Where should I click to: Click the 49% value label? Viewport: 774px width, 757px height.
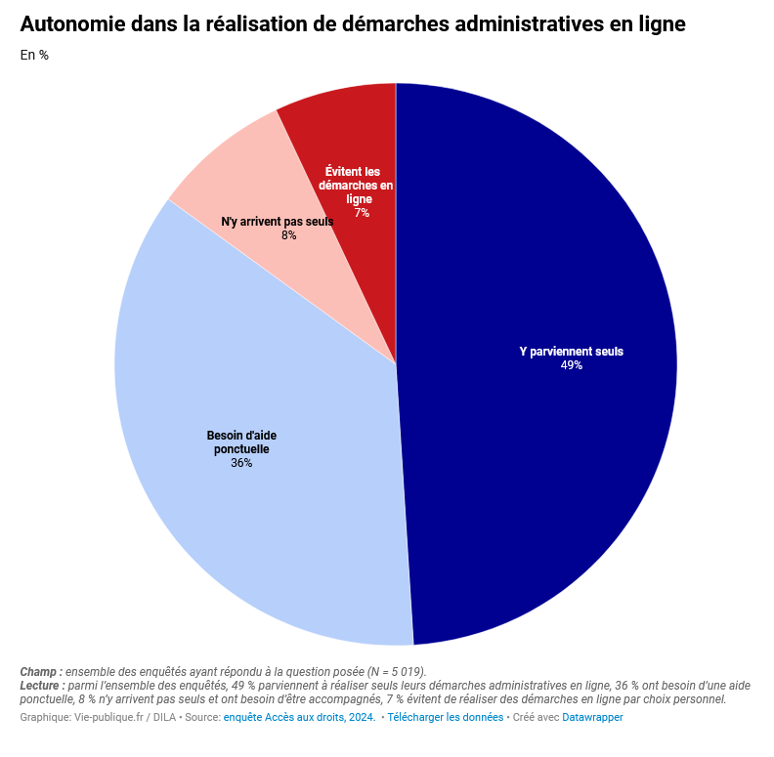pyautogui.click(x=572, y=365)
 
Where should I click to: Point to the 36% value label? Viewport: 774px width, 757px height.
pyautogui.click(x=241, y=463)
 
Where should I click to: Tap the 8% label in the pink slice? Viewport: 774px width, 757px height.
pyautogui.click(x=289, y=235)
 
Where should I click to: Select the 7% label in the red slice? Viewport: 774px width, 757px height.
pyautogui.click(x=362, y=213)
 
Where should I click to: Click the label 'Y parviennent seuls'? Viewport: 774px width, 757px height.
pyautogui.click(x=571, y=352)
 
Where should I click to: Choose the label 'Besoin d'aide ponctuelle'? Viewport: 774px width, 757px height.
pyautogui.click(x=241, y=442)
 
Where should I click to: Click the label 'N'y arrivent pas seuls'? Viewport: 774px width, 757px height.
pyautogui.click(x=278, y=222)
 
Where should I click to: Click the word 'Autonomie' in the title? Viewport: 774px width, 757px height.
pyautogui.click(x=72, y=23)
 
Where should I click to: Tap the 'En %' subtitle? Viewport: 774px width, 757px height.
pyautogui.click(x=34, y=56)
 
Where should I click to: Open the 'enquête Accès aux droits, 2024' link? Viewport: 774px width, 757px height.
pyautogui.click(x=299, y=718)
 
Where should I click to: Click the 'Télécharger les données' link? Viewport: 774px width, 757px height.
pyautogui.click(x=445, y=718)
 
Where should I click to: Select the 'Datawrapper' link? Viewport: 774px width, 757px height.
pyautogui.click(x=592, y=718)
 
